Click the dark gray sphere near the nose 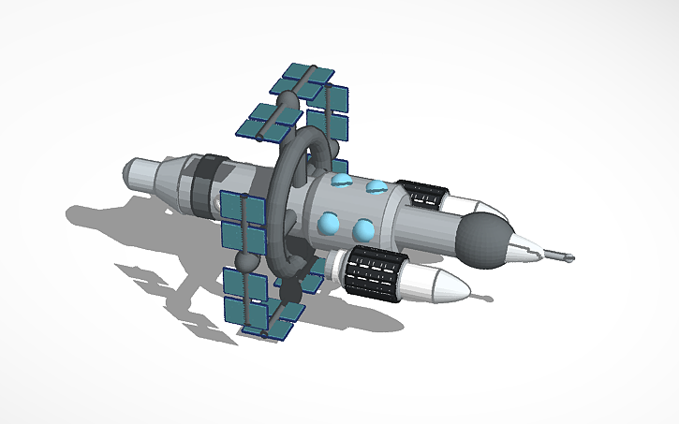tap(485, 233)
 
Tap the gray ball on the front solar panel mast tap(249, 263)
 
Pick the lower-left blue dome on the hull tap(328, 222)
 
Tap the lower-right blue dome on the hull tap(364, 228)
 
